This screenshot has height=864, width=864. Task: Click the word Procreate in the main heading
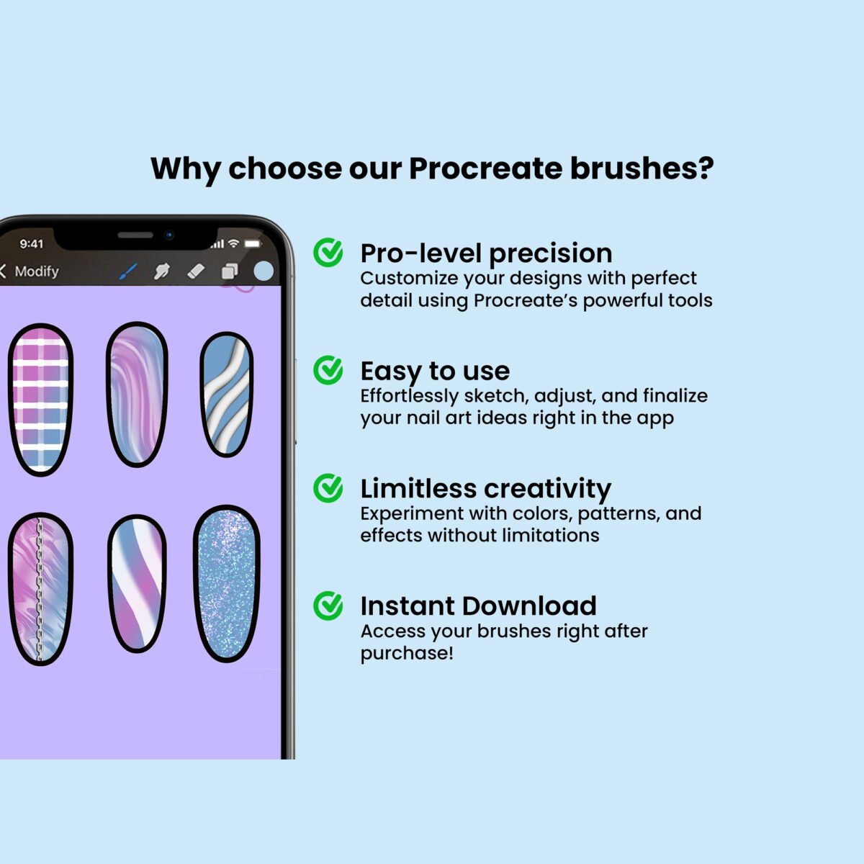pos(485,168)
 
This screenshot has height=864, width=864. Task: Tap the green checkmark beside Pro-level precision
pos(328,252)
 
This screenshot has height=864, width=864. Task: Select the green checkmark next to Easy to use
pos(328,370)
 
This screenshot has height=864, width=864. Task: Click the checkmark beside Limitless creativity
pos(328,488)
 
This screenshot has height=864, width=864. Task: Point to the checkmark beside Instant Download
pos(328,606)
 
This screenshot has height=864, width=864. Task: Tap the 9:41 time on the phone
pos(32,244)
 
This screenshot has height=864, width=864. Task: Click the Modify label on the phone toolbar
pos(37,271)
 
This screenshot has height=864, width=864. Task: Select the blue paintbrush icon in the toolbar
pos(128,271)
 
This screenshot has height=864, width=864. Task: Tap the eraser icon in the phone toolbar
pos(196,271)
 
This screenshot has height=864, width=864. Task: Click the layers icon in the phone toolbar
pos(230,271)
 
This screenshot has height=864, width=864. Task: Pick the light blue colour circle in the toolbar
pos(264,271)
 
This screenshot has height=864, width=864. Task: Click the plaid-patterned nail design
pos(41,400)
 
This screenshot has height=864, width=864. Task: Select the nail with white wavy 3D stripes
pos(226,395)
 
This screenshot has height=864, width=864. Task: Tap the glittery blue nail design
pos(227,584)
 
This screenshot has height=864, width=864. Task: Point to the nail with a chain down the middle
pos(41,589)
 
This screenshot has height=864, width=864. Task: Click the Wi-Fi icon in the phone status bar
pos(233,243)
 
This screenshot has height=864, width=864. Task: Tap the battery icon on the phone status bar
pos(253,243)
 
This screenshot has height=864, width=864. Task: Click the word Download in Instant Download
pos(529,606)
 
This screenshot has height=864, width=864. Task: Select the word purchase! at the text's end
pos(407,654)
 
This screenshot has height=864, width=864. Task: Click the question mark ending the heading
pos(706,168)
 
